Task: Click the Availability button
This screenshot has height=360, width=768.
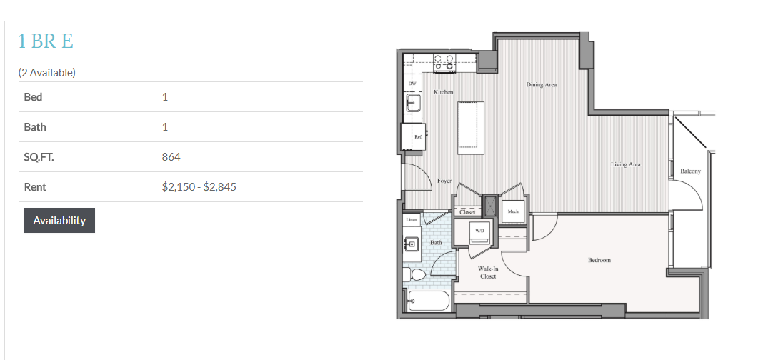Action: click(x=59, y=221)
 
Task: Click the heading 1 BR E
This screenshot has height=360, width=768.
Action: click(x=46, y=41)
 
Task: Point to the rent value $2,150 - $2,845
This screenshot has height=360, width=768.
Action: click(x=199, y=186)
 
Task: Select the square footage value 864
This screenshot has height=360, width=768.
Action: click(x=171, y=156)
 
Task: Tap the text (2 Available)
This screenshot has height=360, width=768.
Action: click(x=47, y=72)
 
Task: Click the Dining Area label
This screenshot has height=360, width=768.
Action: click(x=542, y=84)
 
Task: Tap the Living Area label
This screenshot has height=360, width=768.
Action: click(x=625, y=164)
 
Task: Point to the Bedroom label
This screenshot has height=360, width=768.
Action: click(x=599, y=259)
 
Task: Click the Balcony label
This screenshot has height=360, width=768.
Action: click(x=690, y=171)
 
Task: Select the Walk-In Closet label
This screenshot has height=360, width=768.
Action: click(x=488, y=272)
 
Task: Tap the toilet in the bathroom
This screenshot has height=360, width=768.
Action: click(x=414, y=274)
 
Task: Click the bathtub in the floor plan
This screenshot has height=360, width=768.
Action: click(x=429, y=301)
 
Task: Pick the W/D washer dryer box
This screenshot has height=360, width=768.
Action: click(x=478, y=232)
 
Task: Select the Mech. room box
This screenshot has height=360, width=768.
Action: click(x=513, y=211)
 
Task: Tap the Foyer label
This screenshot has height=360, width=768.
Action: click(x=444, y=181)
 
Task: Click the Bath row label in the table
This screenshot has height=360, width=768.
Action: click(x=35, y=127)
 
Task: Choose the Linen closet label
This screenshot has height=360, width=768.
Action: click(x=412, y=220)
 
